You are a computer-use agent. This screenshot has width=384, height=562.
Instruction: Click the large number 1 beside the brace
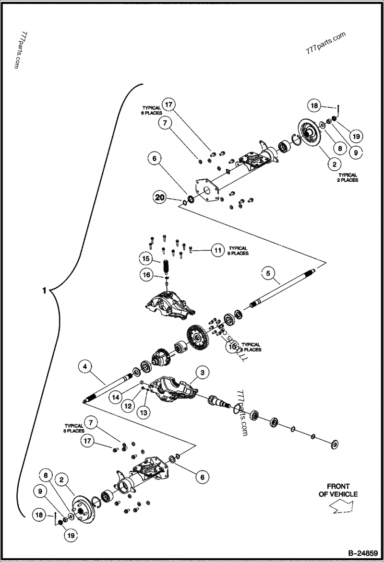pos(44,291)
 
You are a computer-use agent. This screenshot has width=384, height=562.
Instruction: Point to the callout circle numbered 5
pos(268,274)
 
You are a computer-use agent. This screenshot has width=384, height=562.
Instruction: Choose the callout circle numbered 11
pos(218,250)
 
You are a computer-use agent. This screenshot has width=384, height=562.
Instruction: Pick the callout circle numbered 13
pos(143,411)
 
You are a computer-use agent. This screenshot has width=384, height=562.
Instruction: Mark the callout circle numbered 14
pos(115,397)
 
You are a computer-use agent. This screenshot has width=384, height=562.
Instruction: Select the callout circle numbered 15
pos(145,258)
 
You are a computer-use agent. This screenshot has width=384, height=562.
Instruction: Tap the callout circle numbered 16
pos(145,274)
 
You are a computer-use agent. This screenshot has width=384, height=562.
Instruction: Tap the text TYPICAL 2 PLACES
pos(348,178)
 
